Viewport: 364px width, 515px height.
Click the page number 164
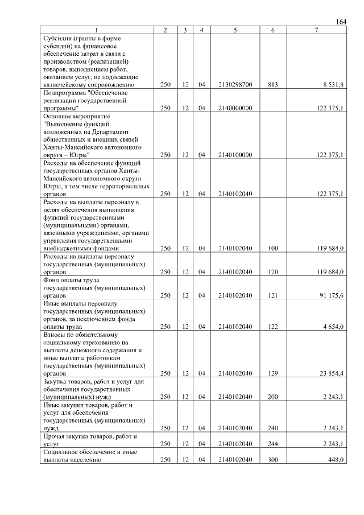[x=341, y=22]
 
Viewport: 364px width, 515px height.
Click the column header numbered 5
[x=235, y=30]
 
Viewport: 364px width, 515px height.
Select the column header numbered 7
[x=316, y=30]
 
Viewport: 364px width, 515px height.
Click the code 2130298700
[x=235, y=84]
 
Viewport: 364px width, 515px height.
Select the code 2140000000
[x=235, y=108]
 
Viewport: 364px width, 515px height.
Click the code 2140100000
[x=235, y=154]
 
